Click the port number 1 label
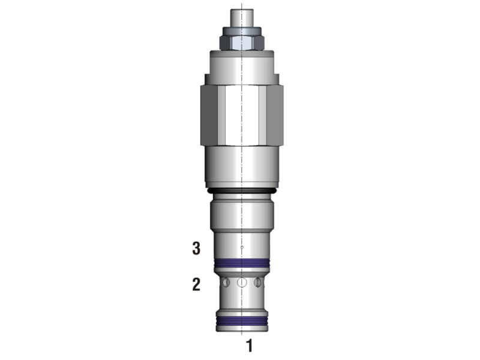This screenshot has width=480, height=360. pos(250,346)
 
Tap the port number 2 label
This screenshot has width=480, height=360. pos(196,284)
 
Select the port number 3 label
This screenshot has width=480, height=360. pos(196,248)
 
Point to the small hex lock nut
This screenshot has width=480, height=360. pos(242,42)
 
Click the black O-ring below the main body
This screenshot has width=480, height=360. pos(242,191)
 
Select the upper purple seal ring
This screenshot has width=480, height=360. pos(242,263)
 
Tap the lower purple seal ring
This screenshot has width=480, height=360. pos(242,321)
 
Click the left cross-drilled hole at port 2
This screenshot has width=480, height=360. pos(226,282)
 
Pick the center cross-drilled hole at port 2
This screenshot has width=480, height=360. pos(242,282)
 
